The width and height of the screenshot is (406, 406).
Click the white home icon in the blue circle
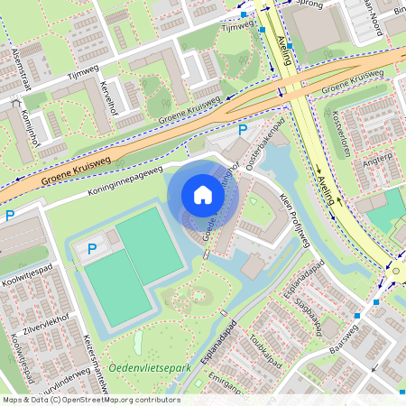pyautogui.click(x=203, y=195)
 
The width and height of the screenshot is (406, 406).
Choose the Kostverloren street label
pyautogui.click(x=338, y=134)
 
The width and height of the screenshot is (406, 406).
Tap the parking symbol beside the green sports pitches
pyautogui.click(x=92, y=248)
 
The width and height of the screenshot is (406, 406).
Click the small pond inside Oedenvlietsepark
pyautogui.click(x=138, y=343)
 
